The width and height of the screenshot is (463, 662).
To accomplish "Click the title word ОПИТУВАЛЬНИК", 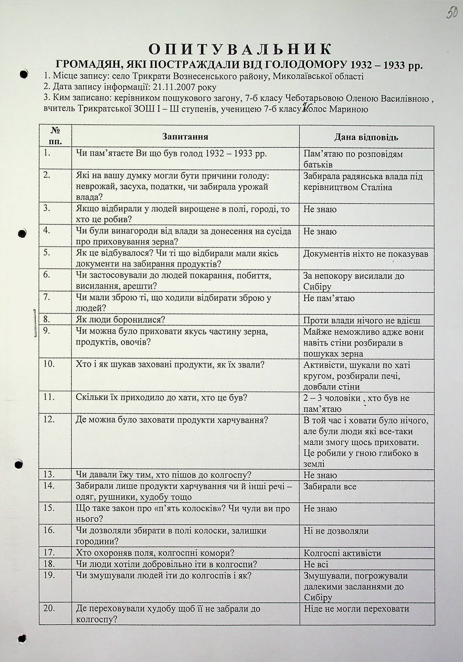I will click(x=240, y=49).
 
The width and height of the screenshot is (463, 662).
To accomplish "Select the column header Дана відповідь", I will click(x=366, y=137).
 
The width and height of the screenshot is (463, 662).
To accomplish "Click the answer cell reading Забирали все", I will click(x=330, y=487).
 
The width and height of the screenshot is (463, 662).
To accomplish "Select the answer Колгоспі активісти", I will click(x=342, y=553).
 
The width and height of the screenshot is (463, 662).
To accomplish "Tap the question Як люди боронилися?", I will click(x=120, y=320).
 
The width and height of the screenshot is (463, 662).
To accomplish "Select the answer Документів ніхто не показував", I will click(x=366, y=254).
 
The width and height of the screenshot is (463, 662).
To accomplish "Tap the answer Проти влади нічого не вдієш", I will click(x=362, y=321).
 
